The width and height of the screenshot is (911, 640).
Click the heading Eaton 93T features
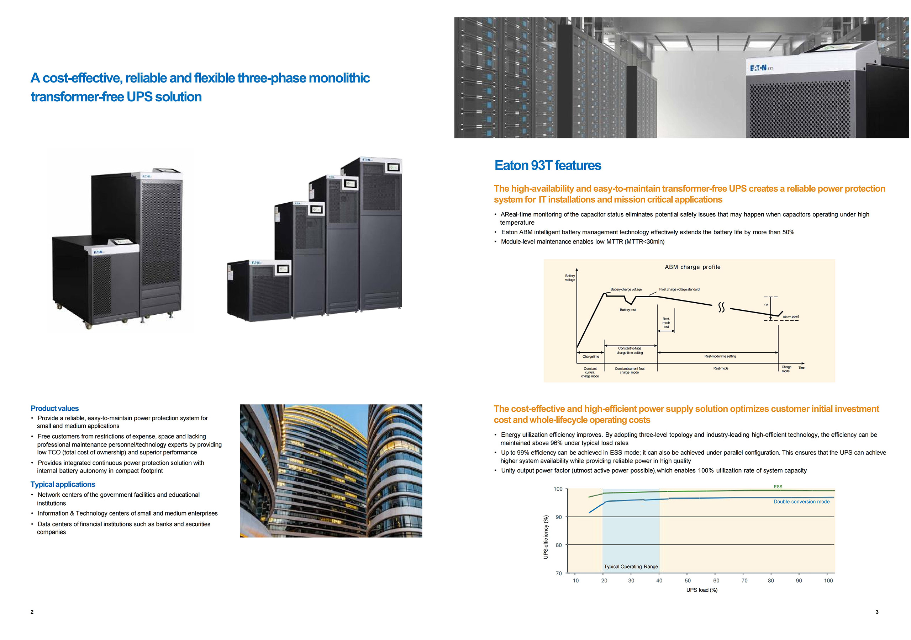click(548, 165)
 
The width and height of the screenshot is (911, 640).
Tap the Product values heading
click(55, 409)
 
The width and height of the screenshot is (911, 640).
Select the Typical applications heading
click(63, 484)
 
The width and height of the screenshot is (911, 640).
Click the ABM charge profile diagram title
click(693, 267)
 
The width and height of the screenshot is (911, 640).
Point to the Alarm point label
click(790, 317)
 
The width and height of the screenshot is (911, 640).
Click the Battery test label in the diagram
click(628, 310)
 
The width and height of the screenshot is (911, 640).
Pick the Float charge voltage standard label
click(679, 289)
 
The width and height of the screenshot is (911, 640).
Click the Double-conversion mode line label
click(801, 502)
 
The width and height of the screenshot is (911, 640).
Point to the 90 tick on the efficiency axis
click(559, 517)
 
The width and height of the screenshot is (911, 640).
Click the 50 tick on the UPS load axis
click(688, 581)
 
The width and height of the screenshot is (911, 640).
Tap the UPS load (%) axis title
click(701, 590)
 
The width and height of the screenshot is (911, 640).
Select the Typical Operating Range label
click(631, 567)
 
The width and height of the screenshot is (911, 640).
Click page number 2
click(32, 612)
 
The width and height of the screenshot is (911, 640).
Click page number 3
click(877, 612)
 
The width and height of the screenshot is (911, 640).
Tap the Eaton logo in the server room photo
click(758, 68)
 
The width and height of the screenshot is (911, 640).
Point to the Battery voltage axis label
click(570, 278)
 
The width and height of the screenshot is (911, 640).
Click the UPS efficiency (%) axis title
click(546, 537)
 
